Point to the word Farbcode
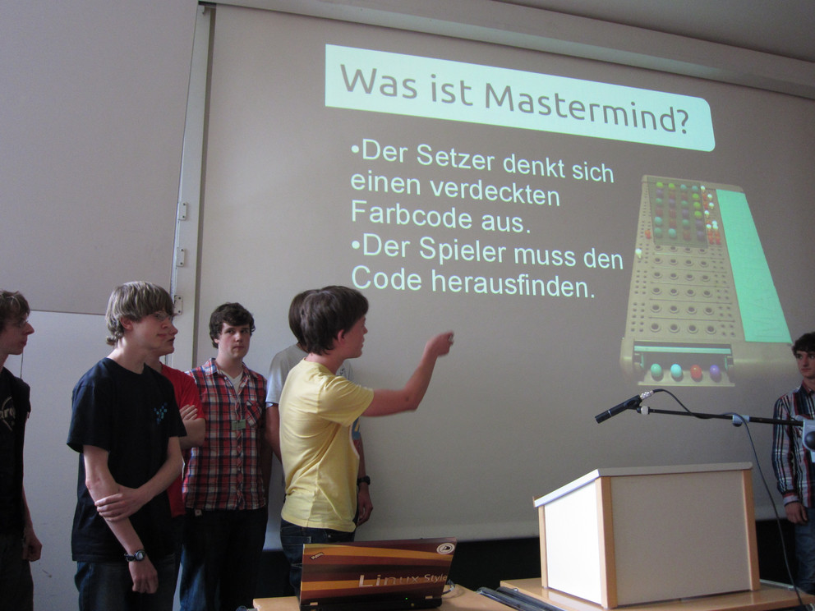pos(411,214)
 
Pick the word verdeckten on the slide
pos(495,193)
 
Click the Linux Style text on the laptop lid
pos(403,579)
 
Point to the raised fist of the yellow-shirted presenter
pos(440,343)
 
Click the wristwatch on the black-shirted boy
pos(135,555)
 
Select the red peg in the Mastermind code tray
pos(696,372)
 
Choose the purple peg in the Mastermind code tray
pos(716,372)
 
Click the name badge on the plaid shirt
pos(238,424)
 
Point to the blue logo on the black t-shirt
pos(160,413)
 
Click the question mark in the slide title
pos(682,121)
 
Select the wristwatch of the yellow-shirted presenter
pos(363,480)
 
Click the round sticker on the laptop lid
pos(445,548)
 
